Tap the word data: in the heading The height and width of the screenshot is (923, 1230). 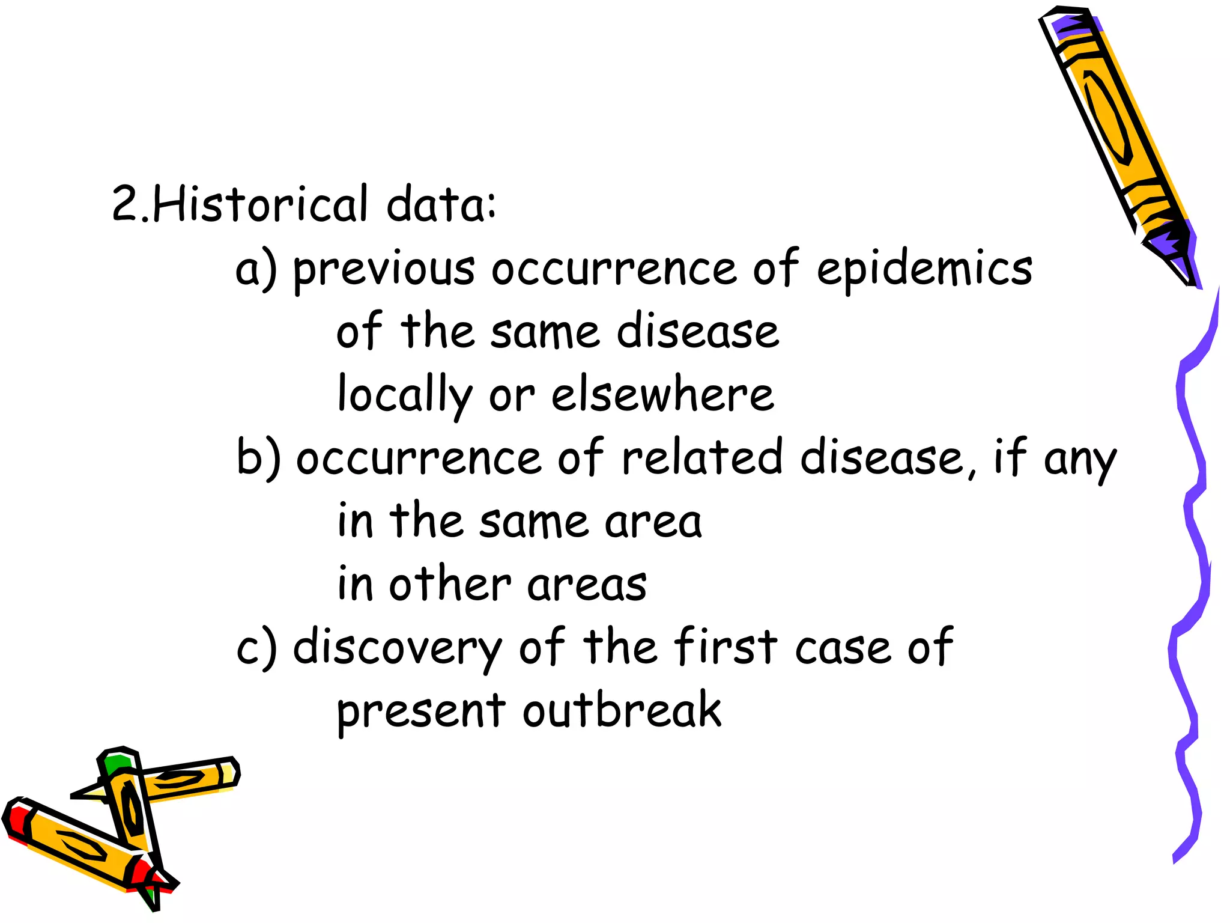(x=441, y=204)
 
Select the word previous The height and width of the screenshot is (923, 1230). (x=384, y=270)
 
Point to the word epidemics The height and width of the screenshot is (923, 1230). (x=924, y=270)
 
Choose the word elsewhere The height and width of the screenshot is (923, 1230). (x=663, y=394)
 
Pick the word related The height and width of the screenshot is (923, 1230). (x=702, y=458)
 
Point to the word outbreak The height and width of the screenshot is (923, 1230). (x=622, y=710)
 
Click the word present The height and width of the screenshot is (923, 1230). (x=421, y=713)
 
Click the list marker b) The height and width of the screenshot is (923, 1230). (x=259, y=458)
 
